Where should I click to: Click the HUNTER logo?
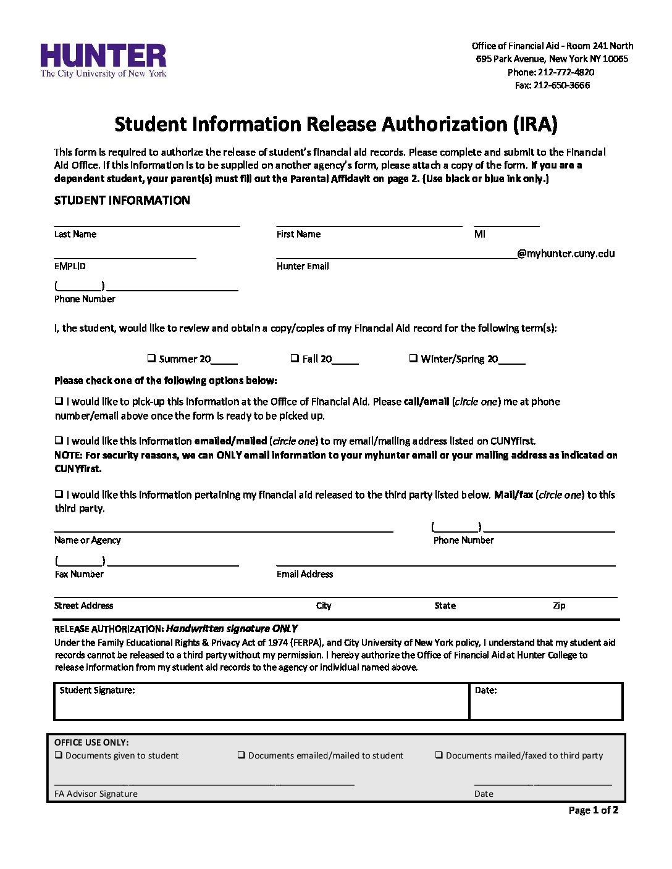click(103, 60)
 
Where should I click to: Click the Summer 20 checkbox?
click(151, 358)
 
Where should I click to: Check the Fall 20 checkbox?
click(295, 358)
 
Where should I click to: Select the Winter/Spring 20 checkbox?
click(413, 358)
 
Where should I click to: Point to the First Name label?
click(298, 234)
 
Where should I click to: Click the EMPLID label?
click(70, 266)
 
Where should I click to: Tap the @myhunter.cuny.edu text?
click(566, 253)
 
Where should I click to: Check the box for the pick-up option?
click(59, 401)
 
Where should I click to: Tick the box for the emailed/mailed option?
click(59, 440)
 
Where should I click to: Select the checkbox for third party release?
click(59, 494)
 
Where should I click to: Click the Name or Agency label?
click(87, 540)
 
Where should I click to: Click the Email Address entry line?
click(445, 560)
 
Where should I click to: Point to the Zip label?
click(559, 605)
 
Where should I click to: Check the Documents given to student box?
click(59, 755)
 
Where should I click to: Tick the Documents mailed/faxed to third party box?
click(439, 755)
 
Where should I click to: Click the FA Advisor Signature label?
click(96, 794)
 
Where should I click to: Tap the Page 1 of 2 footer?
click(593, 810)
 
